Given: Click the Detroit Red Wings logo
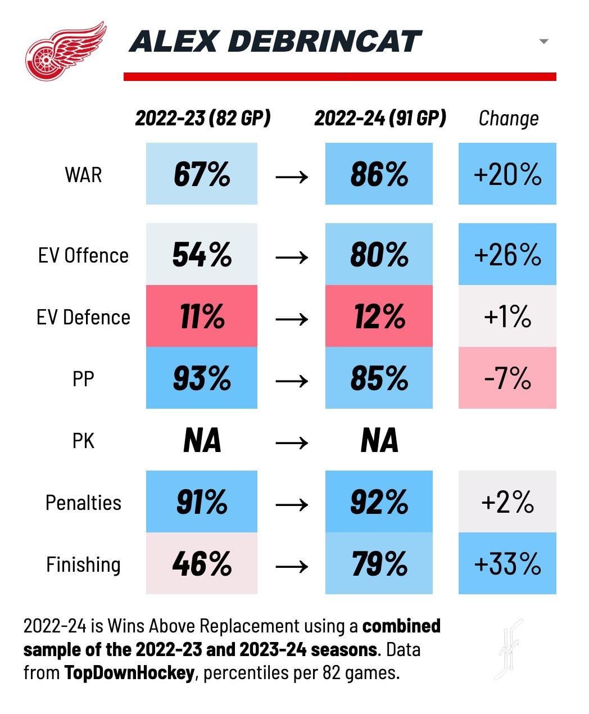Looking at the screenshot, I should tap(65, 51).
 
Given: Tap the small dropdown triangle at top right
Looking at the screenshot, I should tap(543, 42).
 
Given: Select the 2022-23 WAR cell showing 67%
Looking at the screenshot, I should tap(202, 174).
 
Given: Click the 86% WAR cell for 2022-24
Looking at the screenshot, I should tap(379, 174).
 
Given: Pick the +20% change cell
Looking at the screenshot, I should tap(507, 174).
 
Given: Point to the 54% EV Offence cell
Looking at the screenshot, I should tap(202, 254).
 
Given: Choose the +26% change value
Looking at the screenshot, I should tap(507, 254).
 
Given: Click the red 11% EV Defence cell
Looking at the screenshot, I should tap(202, 316).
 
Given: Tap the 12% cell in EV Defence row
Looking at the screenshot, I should tap(379, 316).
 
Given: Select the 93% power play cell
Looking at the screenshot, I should tap(202, 378).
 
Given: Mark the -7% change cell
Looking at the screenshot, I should tap(507, 378).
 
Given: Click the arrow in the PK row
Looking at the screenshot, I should tap(292, 442).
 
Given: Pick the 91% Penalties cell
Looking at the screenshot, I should tap(202, 501).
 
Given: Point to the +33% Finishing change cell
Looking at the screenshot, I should tap(507, 563).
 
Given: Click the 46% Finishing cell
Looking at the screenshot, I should tap(202, 563).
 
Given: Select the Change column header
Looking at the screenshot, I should tap(508, 118).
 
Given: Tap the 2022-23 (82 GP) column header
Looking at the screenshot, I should tap(202, 118).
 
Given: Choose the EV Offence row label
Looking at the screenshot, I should tap(83, 255).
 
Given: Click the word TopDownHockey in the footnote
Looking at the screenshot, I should tap(129, 673).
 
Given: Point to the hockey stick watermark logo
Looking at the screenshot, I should tap(510, 649).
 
